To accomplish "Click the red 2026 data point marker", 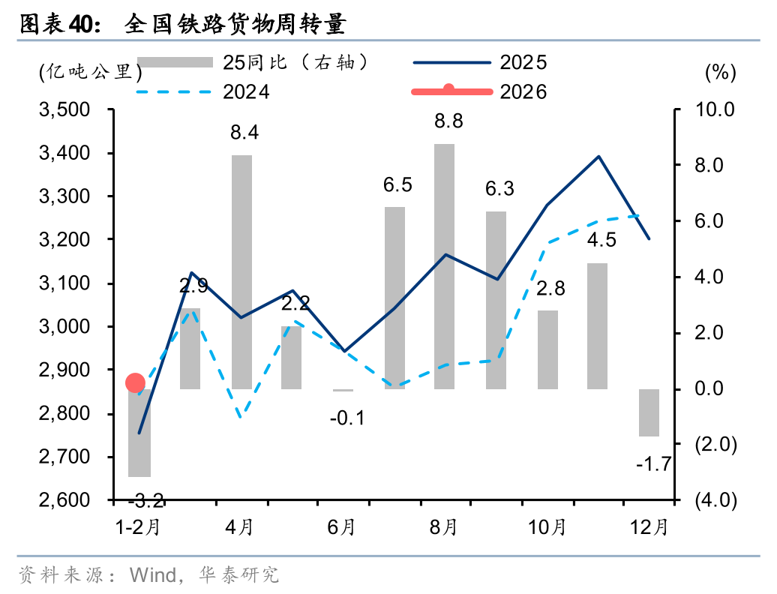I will point(135,383).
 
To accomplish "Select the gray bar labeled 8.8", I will point(445,266).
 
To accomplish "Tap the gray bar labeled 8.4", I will point(241,271).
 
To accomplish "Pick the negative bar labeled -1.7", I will point(649,412).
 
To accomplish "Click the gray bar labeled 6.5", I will point(394,298).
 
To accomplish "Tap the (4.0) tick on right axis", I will point(715,500).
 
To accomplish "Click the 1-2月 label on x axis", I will point(137,528).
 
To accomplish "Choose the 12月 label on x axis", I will point(649,528).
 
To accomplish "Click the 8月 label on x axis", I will point(445,528).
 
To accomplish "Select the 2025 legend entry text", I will point(523,63).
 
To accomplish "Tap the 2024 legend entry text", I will point(246,92).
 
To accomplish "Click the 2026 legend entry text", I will point(523,92).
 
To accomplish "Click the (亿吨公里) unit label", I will point(89,72).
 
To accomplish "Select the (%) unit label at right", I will point(721,72).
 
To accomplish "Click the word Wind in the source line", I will point(152,575).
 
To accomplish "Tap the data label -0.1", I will point(346,418).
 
